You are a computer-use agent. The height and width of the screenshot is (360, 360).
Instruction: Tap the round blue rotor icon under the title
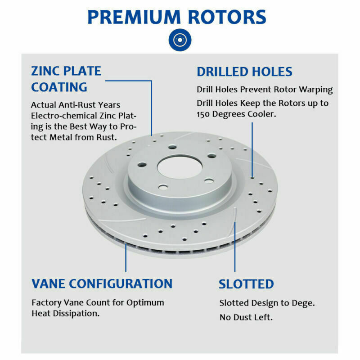point(180,40)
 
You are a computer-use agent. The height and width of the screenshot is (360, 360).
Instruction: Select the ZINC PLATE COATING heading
point(66,78)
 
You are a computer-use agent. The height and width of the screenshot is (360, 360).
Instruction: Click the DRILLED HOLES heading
point(244,72)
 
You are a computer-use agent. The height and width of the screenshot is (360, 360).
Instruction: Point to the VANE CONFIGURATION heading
point(102,283)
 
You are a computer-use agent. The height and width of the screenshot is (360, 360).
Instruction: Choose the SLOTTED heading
point(246,284)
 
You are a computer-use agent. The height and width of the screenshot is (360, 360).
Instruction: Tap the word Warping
point(317,90)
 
